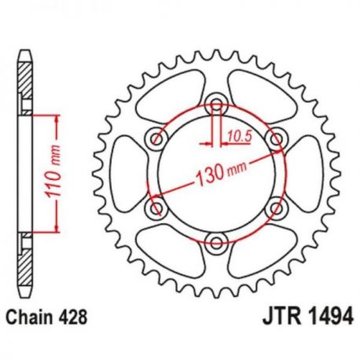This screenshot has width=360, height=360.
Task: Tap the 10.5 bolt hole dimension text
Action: click(x=240, y=137)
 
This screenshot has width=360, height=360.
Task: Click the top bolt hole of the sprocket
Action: click(x=216, y=104)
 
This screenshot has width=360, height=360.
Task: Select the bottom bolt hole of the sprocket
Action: click(x=216, y=242)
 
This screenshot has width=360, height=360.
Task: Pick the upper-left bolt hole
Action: click(x=156, y=138)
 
